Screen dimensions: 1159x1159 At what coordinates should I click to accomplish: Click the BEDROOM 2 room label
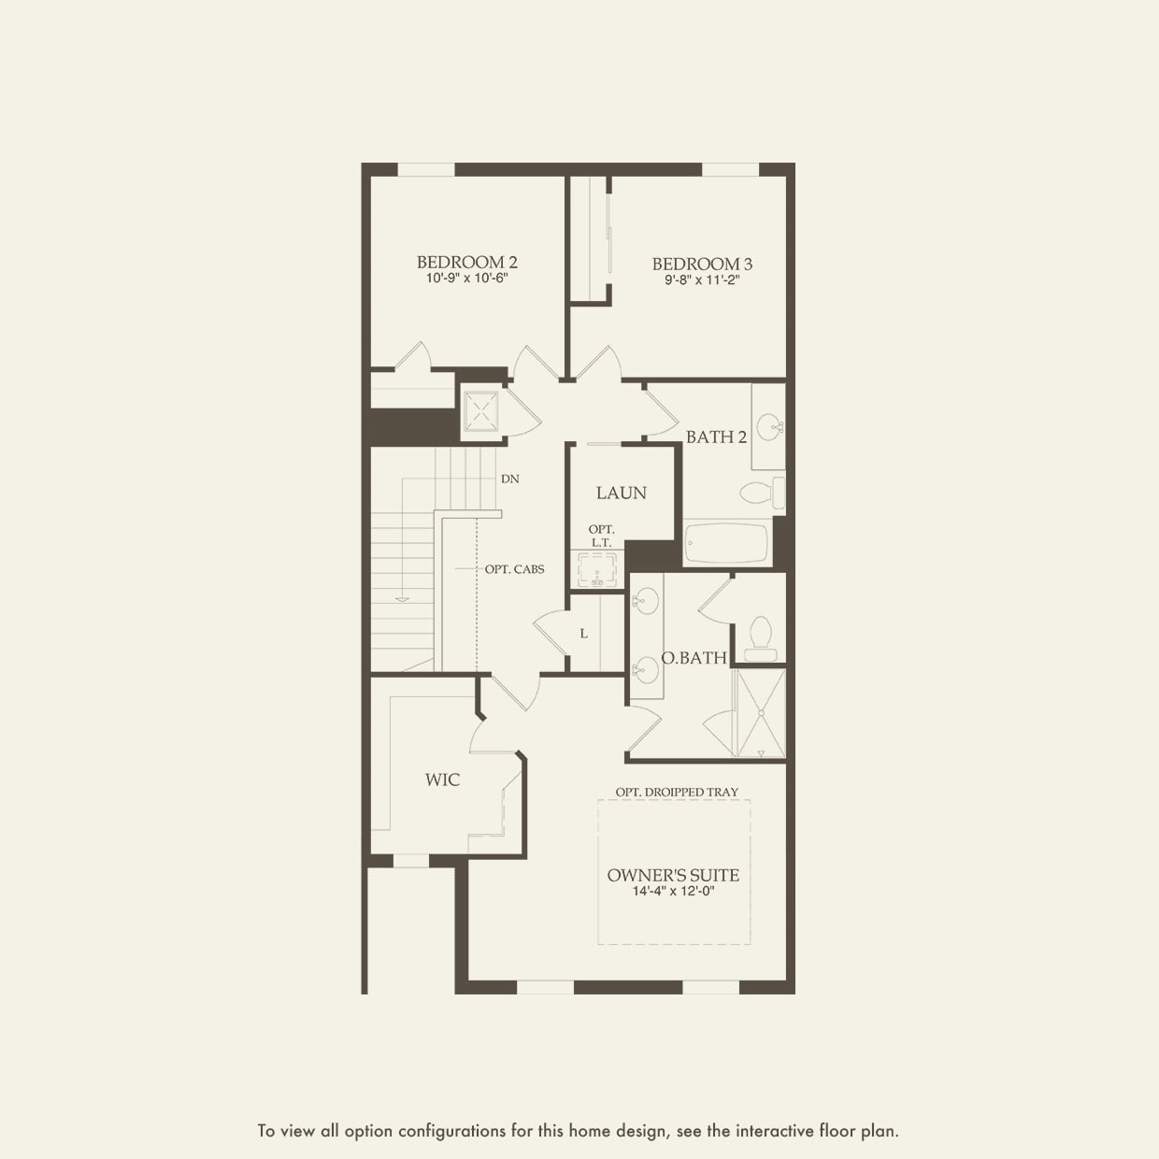pos(467,263)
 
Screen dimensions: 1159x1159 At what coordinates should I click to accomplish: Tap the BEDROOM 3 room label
pos(702,265)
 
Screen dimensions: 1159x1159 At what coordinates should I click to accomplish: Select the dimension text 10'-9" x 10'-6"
pos(467,279)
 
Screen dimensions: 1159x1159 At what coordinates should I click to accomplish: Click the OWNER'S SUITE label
pos(673,876)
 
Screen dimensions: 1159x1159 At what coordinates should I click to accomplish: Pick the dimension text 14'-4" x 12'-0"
pos(673,892)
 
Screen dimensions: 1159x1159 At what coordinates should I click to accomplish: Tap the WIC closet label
pos(442,780)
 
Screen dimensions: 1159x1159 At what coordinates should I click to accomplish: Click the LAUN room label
pos(622,493)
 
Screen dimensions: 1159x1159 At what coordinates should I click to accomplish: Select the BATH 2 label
pos(716,436)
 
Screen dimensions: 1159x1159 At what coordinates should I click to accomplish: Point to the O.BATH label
pos(694,658)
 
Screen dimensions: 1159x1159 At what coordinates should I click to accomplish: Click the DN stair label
pos(509,479)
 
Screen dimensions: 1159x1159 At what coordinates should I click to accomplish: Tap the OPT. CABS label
pos(514,569)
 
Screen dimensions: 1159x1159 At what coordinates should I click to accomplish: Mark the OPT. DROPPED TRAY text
pos(677,792)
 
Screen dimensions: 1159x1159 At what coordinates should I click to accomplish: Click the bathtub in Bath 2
pos(726,544)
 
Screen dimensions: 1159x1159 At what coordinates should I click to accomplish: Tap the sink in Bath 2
pos(768,428)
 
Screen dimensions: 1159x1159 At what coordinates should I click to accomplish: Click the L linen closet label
pos(584,634)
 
